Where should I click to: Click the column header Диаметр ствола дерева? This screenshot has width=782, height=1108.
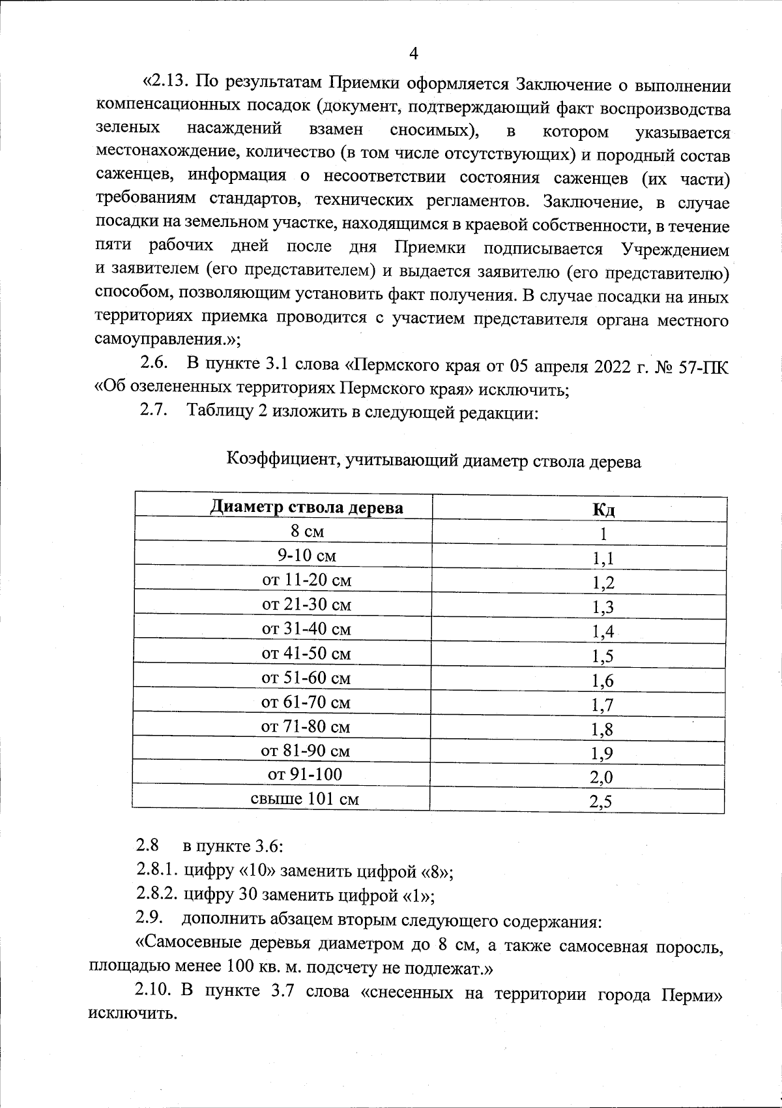click(306, 507)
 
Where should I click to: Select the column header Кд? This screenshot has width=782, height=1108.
click(603, 509)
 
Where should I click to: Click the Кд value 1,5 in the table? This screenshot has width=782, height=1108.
click(603, 656)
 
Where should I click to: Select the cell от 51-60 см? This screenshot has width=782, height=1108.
click(306, 678)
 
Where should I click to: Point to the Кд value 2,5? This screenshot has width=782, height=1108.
click(601, 802)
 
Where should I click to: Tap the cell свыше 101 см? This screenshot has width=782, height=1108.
click(304, 799)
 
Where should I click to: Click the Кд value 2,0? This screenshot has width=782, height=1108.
click(601, 777)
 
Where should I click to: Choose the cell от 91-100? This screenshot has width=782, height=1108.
click(304, 775)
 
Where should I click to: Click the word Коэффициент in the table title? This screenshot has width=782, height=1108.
click(280, 462)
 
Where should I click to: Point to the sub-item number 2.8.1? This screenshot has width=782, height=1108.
click(157, 871)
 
